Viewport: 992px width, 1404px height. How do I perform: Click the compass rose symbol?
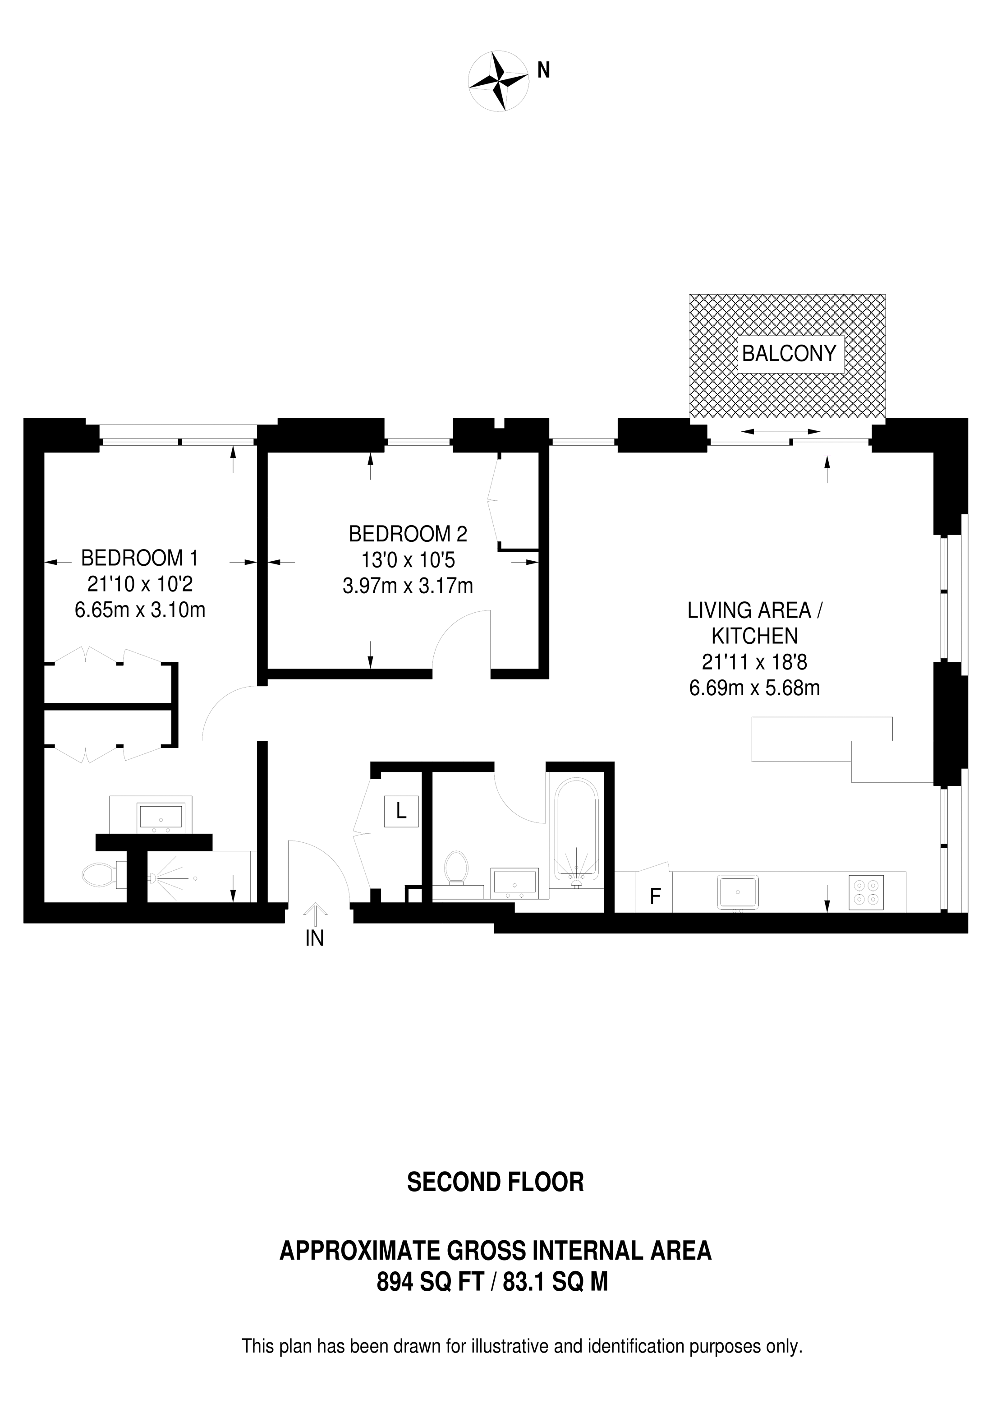coord(498,81)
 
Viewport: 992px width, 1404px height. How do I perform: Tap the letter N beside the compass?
coord(543,71)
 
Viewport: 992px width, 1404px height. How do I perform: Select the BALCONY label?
coord(789,353)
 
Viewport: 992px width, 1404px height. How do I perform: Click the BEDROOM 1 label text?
coord(139,558)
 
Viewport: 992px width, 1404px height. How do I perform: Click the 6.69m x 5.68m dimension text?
coord(754,688)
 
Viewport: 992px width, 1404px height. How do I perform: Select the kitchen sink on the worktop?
coord(738,893)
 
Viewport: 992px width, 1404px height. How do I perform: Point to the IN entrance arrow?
coord(315,917)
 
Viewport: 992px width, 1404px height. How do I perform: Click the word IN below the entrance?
coord(314,939)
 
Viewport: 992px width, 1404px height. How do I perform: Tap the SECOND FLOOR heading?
coord(495,1182)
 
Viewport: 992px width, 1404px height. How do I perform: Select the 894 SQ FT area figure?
coord(429,1282)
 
